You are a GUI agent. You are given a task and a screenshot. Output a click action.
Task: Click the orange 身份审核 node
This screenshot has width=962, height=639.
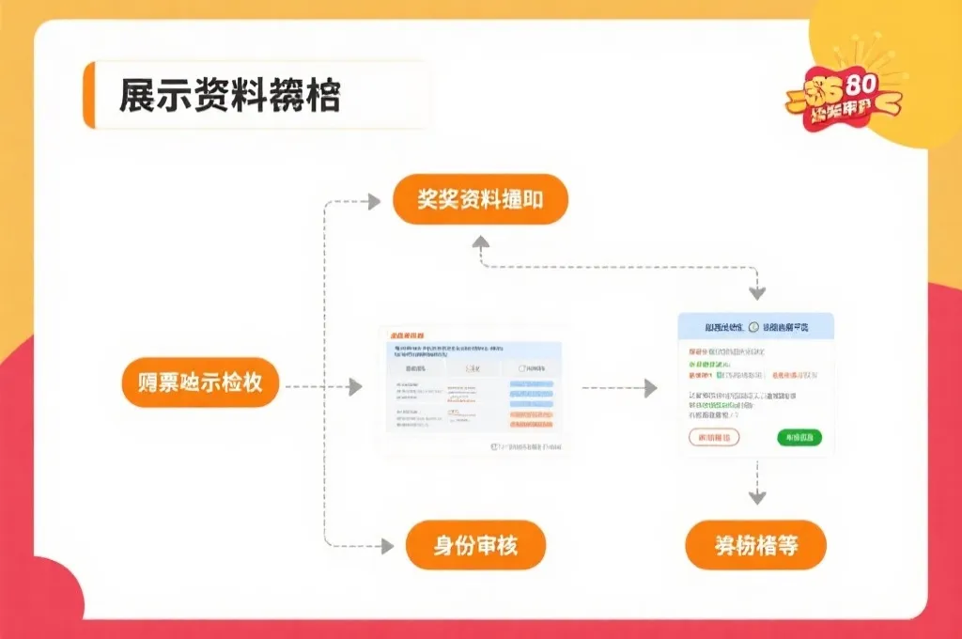pos(475,545)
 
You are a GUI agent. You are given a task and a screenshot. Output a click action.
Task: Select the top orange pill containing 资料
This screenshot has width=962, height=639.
pos(480,199)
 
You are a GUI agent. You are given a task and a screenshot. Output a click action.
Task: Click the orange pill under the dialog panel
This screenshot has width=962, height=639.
pos(755,545)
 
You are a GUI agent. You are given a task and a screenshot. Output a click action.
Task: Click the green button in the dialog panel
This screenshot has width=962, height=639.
pos(799,437)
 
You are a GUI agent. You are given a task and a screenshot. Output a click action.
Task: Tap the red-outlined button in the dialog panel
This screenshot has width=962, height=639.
pos(714,437)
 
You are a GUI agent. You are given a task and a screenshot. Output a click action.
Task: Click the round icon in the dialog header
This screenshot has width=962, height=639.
pos(753,327)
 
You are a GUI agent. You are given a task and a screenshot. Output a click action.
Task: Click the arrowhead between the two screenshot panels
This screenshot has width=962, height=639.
pos(650,387)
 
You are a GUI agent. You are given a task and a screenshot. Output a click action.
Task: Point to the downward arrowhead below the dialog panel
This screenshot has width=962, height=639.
pos(757,497)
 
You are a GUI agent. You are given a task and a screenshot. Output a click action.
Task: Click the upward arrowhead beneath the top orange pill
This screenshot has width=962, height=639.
pos(480,242)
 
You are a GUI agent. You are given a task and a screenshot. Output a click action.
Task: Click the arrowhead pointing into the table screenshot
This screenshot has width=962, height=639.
pos(355,387)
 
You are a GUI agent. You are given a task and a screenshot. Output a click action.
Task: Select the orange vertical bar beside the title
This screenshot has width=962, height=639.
pos(89,95)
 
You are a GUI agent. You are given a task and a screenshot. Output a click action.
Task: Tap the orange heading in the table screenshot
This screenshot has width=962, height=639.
pos(407,335)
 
